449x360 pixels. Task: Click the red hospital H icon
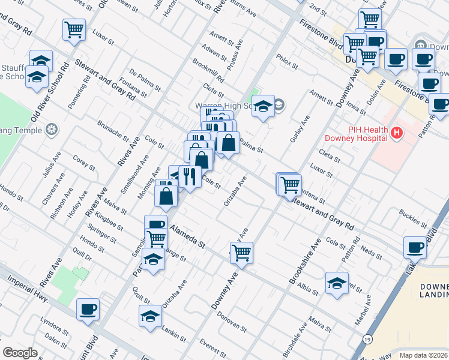click(x=396, y=133)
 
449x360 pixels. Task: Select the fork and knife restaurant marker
click(x=189, y=176)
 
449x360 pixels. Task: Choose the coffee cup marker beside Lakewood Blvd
click(x=415, y=247)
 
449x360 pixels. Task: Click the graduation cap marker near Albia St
click(x=337, y=283)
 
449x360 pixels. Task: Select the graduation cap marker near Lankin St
click(x=150, y=316)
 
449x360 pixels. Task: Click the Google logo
click(x=20, y=352)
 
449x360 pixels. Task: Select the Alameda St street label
click(x=187, y=236)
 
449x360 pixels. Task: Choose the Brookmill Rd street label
click(x=208, y=71)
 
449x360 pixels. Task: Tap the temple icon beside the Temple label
click(x=52, y=129)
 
